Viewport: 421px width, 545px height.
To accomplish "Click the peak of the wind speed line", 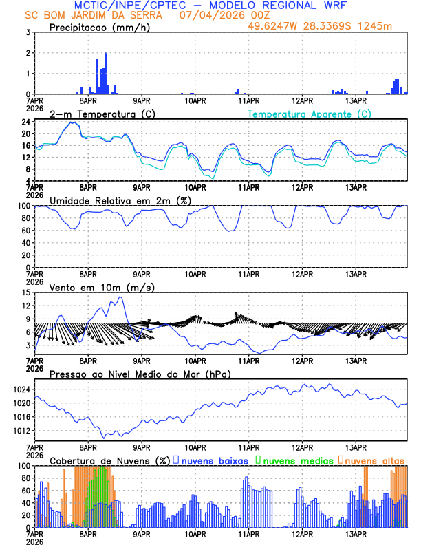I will pyautogui.click(x=120, y=297).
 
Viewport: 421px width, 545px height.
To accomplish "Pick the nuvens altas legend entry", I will pyautogui.click(x=371, y=460).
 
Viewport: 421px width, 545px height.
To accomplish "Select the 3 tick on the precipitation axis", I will pyautogui.click(x=28, y=32).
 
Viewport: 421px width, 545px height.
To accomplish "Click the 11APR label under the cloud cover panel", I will pyautogui.click(x=248, y=534).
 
